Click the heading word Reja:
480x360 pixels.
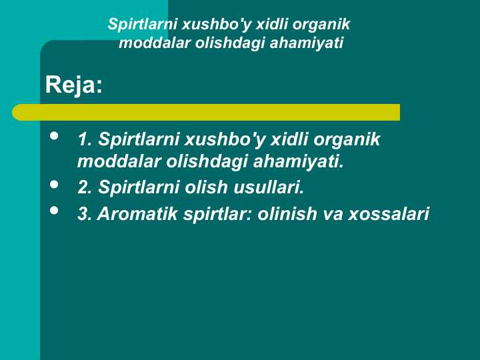tap(73, 85)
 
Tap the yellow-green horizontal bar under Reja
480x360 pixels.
tap(206, 112)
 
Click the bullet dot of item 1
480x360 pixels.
tap(54, 137)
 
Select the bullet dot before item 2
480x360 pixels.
tap(54, 184)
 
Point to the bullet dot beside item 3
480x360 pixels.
tap(54, 211)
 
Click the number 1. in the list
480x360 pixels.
tap(85, 140)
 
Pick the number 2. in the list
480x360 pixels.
tap(85, 188)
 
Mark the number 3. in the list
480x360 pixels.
tap(85, 215)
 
